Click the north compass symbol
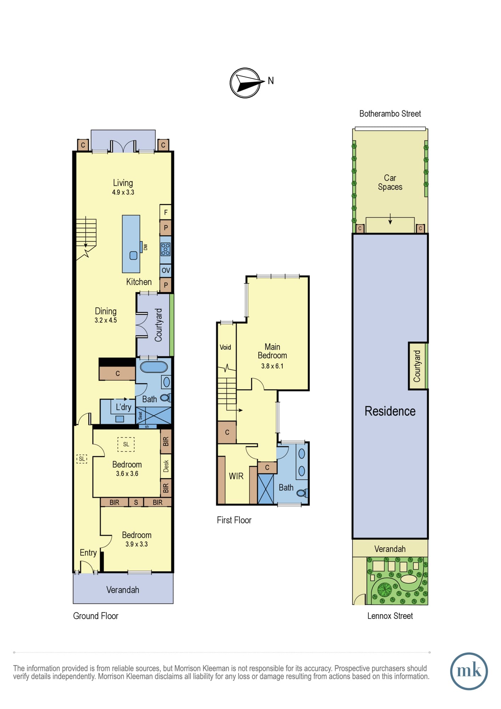(x=245, y=83)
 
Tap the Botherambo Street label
(x=390, y=114)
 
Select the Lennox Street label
(x=390, y=616)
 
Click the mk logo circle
(x=469, y=671)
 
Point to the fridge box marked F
(x=165, y=212)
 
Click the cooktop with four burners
(x=165, y=249)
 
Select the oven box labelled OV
(x=165, y=270)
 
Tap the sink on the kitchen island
(x=133, y=255)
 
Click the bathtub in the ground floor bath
(x=154, y=367)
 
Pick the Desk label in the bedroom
(x=166, y=466)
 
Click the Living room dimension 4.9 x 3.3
(x=123, y=192)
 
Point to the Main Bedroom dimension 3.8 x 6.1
(x=272, y=366)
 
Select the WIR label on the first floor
(x=236, y=476)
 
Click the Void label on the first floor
(x=225, y=347)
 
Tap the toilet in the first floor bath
(x=302, y=493)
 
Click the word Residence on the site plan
(x=390, y=411)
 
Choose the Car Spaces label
(x=390, y=182)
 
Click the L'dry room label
(x=123, y=407)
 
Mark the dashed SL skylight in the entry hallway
(x=82, y=459)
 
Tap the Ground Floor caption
(x=96, y=616)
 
